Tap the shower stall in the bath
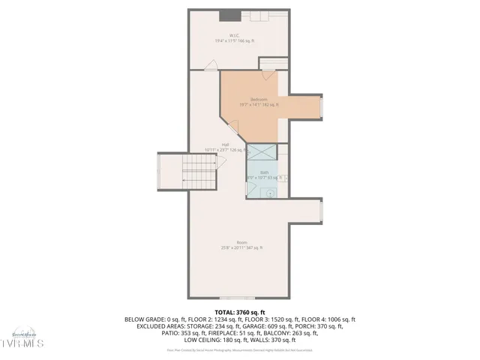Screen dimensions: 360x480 click(x=262, y=152)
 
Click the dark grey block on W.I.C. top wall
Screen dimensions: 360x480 click(x=229, y=15)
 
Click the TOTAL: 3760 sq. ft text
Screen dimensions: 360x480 click(x=240, y=312)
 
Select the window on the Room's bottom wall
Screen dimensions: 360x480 click(x=241, y=298)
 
